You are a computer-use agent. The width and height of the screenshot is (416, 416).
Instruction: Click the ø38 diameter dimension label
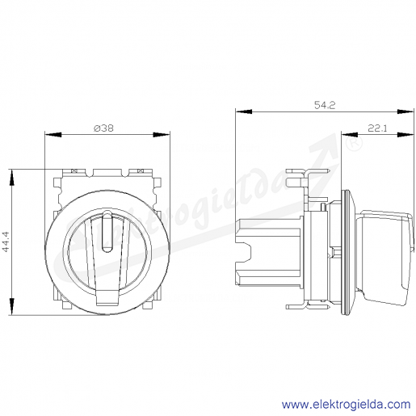(103, 128)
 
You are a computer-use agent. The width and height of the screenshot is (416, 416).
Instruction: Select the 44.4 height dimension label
(6, 242)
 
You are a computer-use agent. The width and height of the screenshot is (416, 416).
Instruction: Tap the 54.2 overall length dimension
(325, 105)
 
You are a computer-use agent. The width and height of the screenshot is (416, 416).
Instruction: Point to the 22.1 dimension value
(377, 128)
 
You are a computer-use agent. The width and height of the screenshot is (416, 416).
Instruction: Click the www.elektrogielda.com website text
(346, 405)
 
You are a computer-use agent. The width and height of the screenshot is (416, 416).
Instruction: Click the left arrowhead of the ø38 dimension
(53, 135)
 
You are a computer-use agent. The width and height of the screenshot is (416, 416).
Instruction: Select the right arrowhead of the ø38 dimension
(162, 135)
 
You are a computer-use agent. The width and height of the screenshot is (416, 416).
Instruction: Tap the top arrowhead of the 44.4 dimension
(11, 178)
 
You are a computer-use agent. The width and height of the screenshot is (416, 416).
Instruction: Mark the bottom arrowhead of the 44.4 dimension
(11, 306)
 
